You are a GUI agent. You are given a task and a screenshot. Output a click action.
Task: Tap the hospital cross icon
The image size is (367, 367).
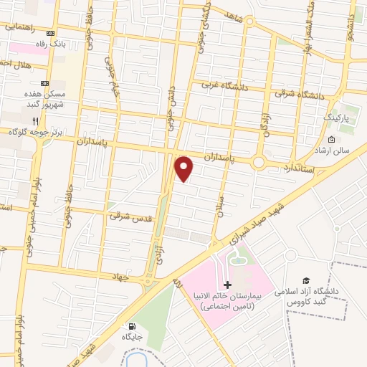point(227,285)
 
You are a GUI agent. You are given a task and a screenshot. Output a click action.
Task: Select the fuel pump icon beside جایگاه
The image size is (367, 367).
point(130,326)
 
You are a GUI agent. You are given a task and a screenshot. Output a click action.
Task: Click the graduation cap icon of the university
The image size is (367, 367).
point(306,281)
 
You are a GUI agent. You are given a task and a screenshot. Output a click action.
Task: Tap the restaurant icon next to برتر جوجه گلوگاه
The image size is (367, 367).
point(47,121)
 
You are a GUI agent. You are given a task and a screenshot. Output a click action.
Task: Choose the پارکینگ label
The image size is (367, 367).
point(339,116)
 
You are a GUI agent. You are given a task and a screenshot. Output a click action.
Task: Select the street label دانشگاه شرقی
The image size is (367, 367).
point(300,95)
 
